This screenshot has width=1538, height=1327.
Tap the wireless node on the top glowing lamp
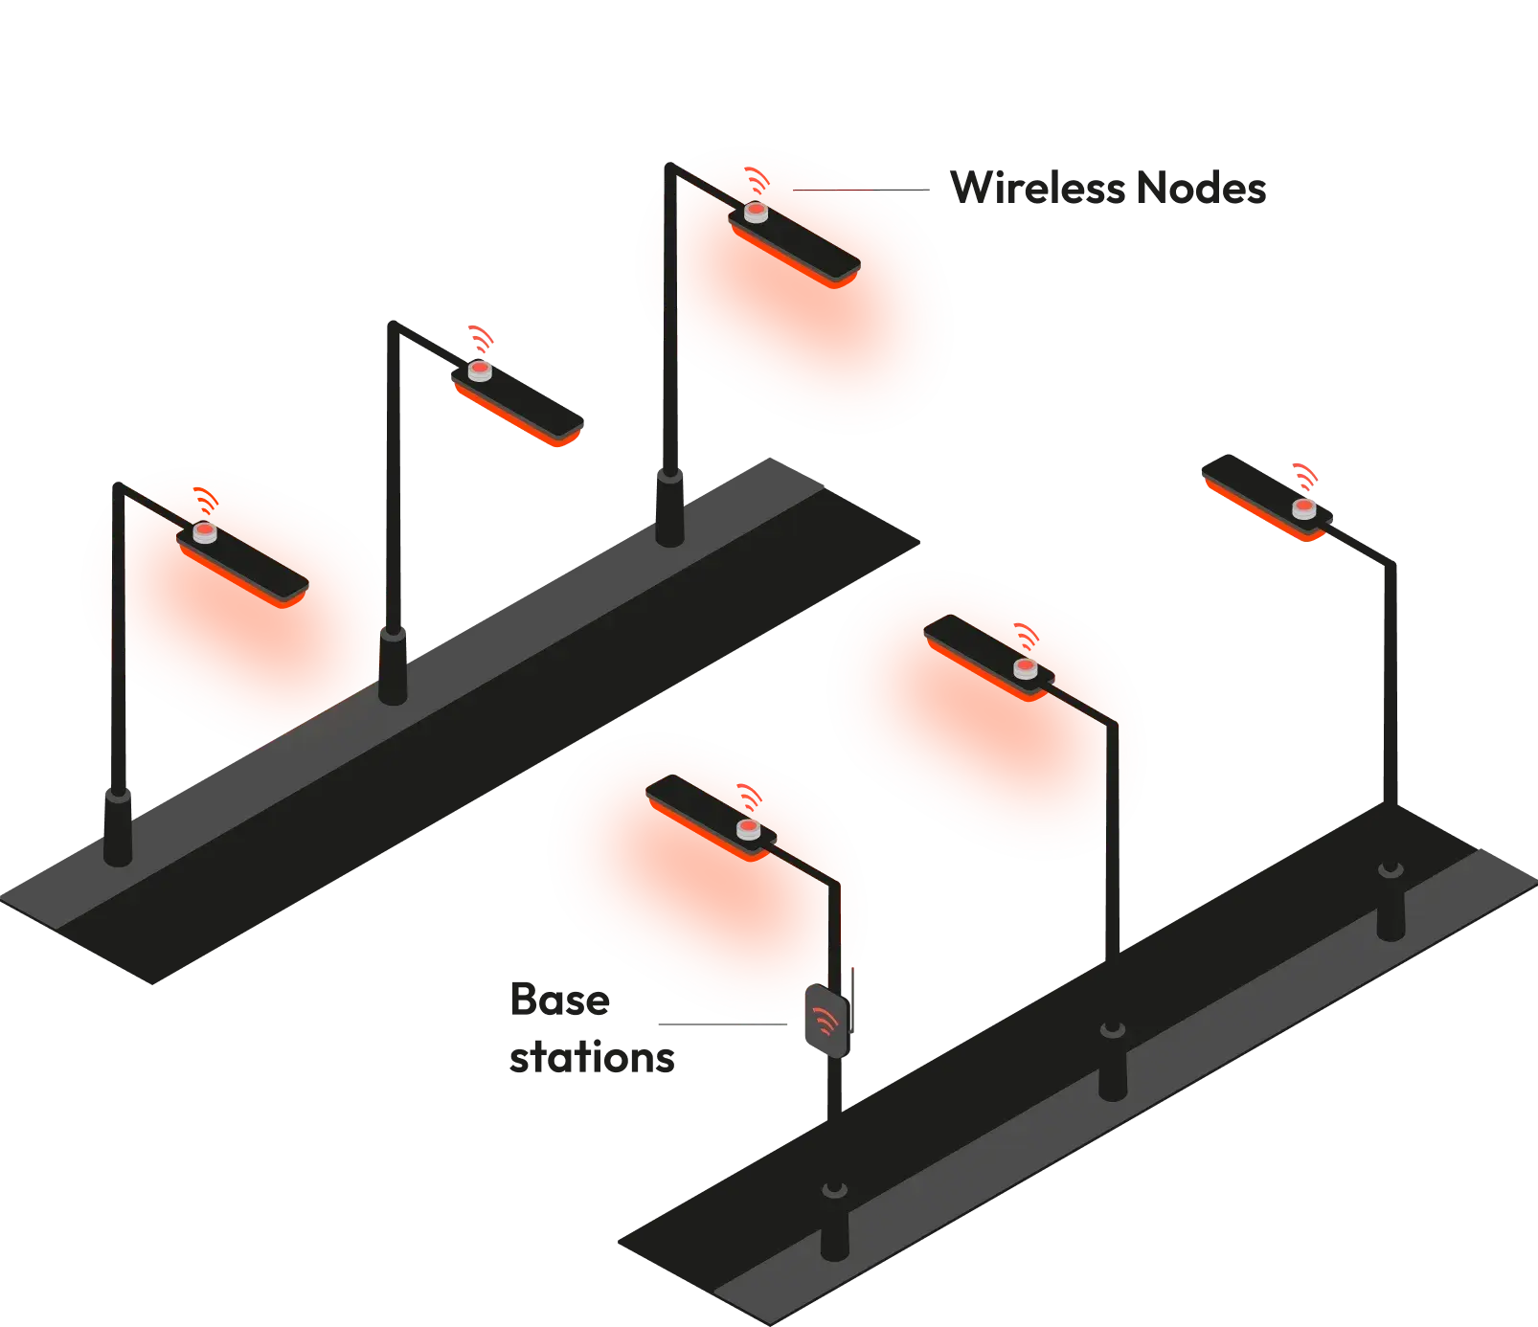click(x=756, y=212)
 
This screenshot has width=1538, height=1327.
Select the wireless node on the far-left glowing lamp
click(x=204, y=533)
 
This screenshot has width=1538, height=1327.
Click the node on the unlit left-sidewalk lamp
click(x=478, y=371)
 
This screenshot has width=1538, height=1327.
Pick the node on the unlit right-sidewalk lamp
click(x=1304, y=508)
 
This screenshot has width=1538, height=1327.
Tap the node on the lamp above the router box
click(x=747, y=829)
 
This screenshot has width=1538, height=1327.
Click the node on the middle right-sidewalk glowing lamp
click(x=1026, y=668)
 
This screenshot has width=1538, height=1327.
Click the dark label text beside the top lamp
click(x=1109, y=189)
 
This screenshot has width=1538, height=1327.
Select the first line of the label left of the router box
click(x=558, y=1001)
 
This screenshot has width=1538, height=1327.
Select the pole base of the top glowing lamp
click(x=669, y=507)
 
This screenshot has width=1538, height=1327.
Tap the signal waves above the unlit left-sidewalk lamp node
click(x=480, y=337)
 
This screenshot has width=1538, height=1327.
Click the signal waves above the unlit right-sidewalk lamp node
click(x=1304, y=474)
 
